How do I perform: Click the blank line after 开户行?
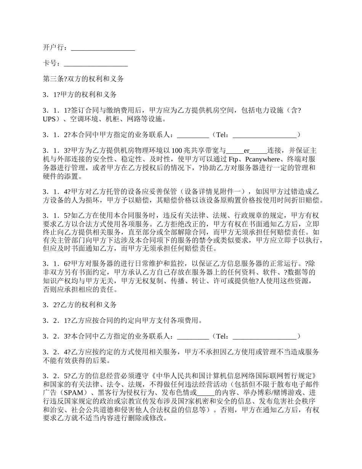point(103,48)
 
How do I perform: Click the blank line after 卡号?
point(96,64)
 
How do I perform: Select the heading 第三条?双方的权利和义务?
point(83,79)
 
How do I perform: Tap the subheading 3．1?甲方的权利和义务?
point(80,95)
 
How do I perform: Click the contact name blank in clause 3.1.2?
point(193,135)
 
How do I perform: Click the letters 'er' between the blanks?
point(247,151)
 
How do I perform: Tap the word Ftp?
point(233,159)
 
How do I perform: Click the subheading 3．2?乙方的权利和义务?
point(80,305)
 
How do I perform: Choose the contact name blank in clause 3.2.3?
point(193,336)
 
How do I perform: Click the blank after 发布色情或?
point(207,393)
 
